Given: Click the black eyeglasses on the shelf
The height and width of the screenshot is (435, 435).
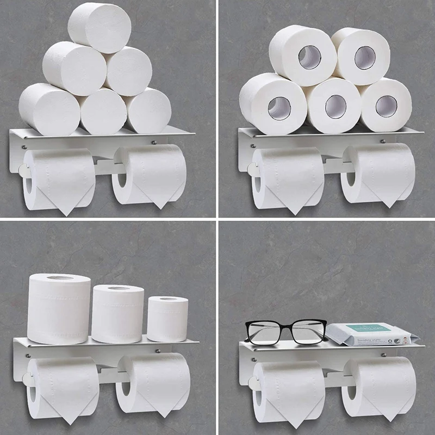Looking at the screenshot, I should click(x=285, y=331).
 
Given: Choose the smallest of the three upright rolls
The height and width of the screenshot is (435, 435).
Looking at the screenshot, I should click(x=167, y=319).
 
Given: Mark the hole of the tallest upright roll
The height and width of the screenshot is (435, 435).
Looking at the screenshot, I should click(x=59, y=278).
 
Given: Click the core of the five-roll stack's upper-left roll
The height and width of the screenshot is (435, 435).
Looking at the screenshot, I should click(x=310, y=57).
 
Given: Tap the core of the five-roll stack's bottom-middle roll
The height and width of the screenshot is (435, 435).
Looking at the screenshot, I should click(x=335, y=106).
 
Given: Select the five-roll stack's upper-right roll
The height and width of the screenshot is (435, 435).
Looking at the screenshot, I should click(x=361, y=57).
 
